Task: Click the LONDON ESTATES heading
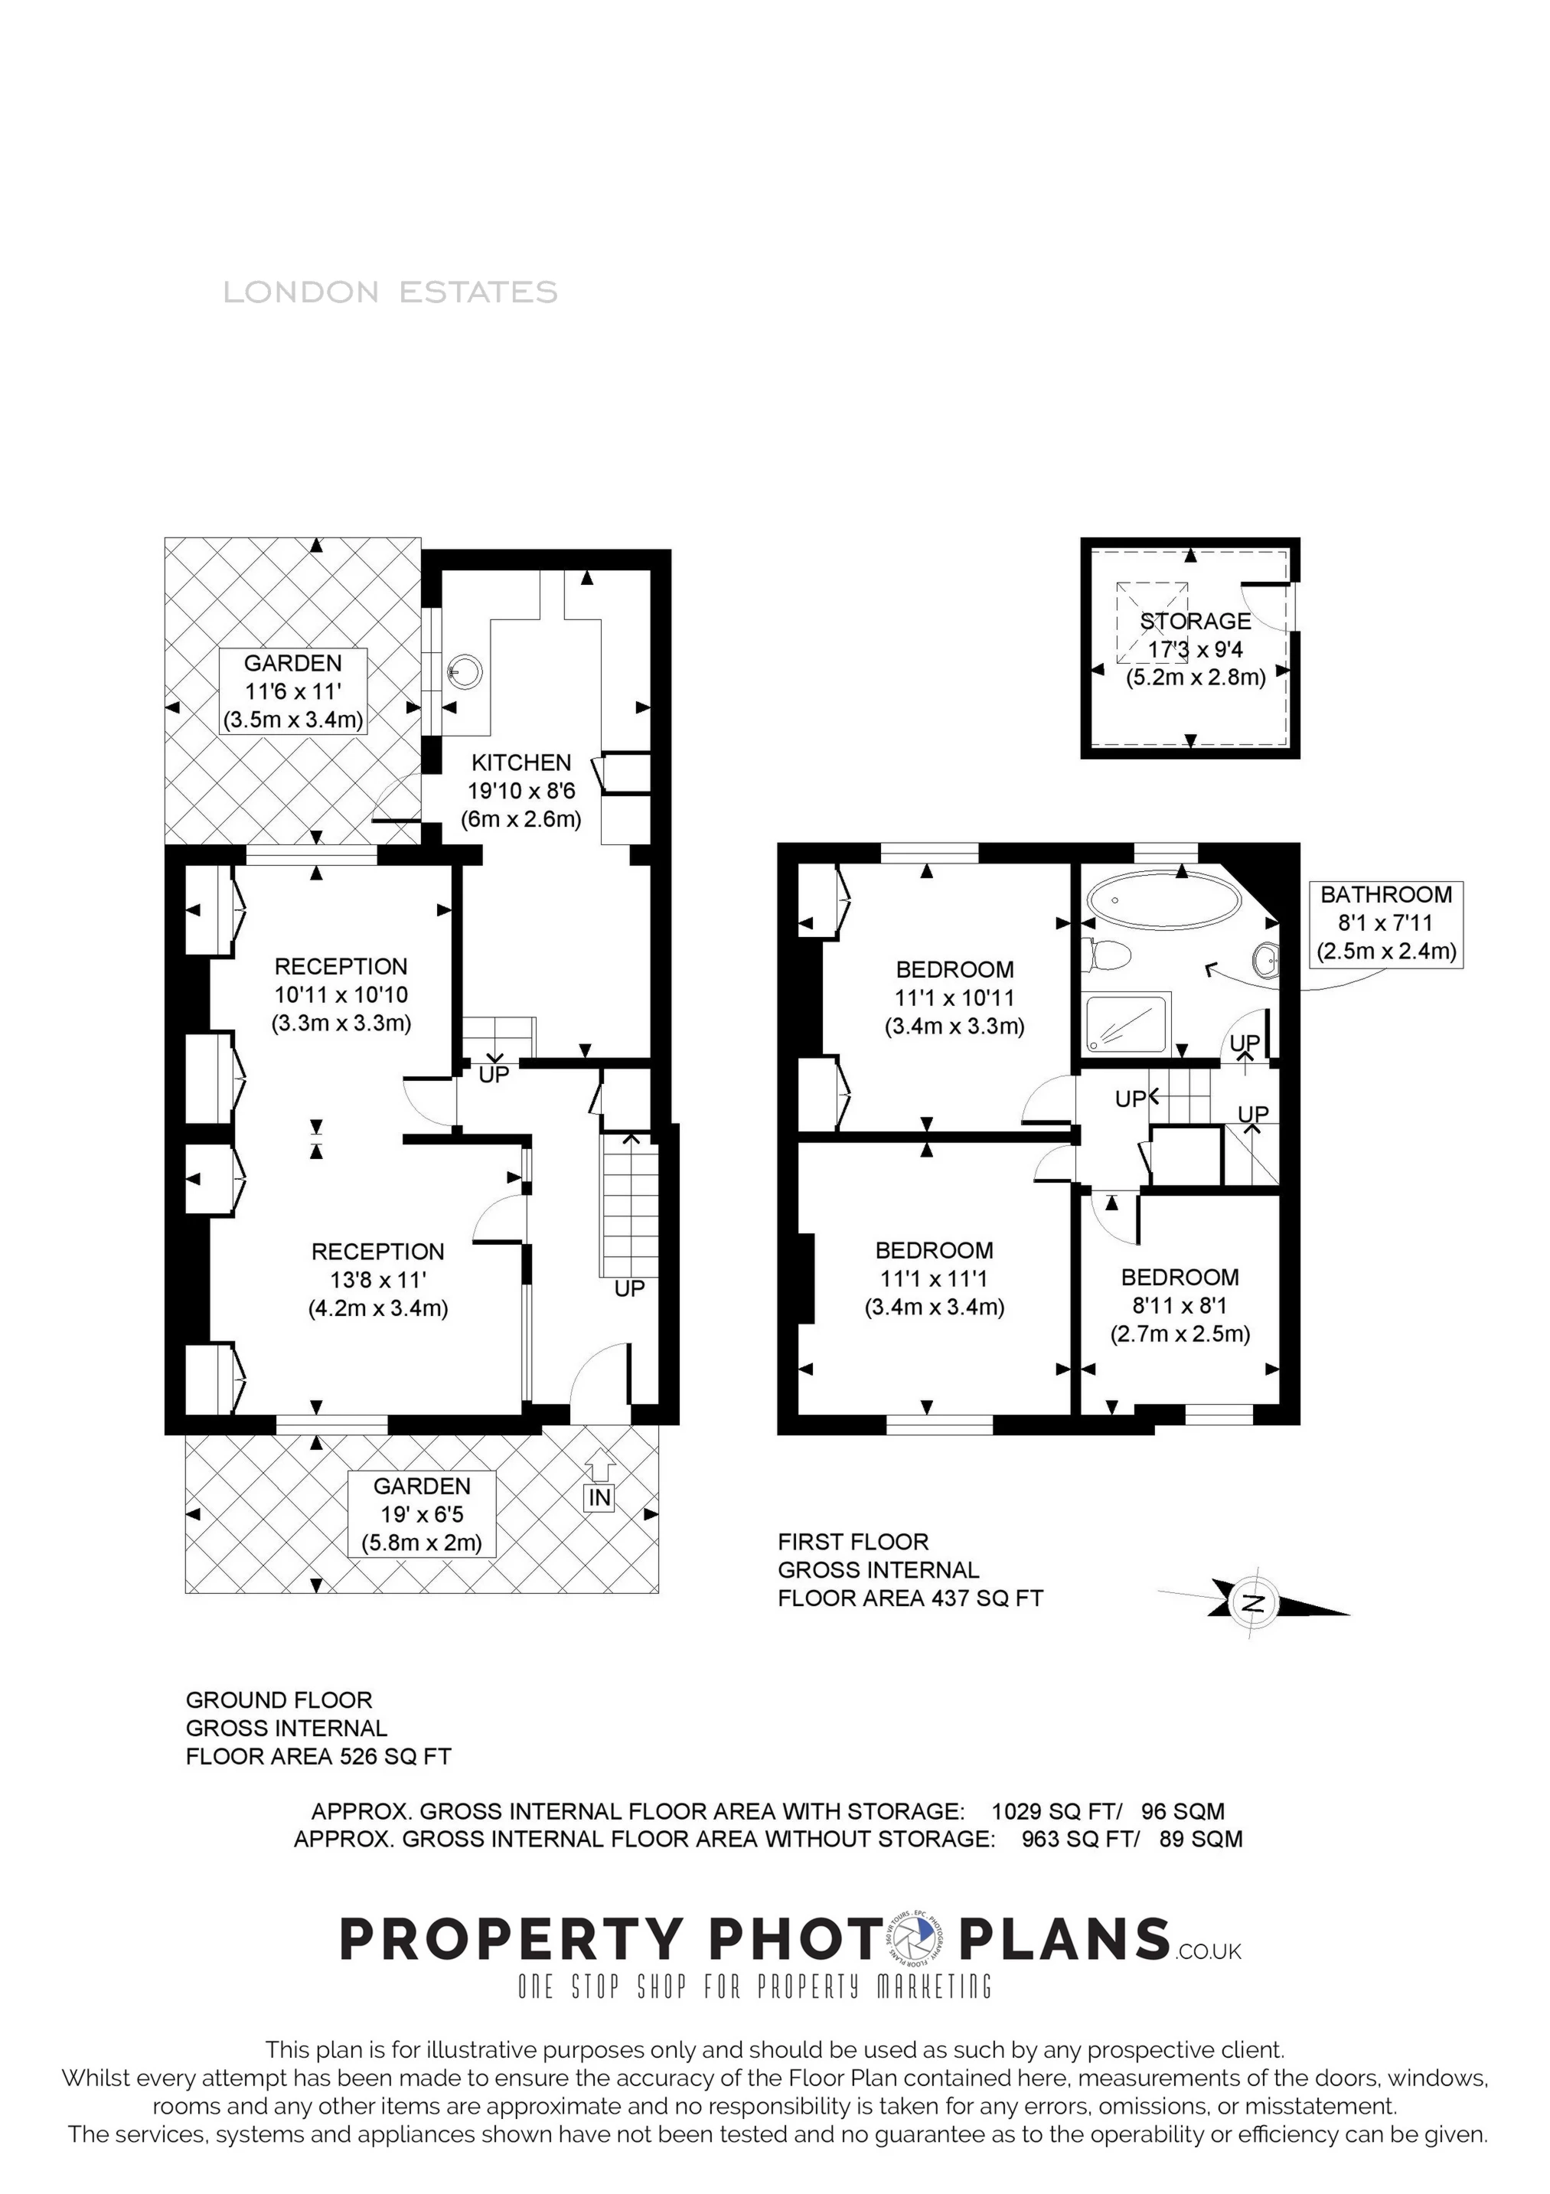390,292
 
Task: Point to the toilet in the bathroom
1108,953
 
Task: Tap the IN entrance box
599,1497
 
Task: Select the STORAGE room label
1196,621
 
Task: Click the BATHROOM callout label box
1385,923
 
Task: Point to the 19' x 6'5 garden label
422,1513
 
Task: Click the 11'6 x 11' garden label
292,691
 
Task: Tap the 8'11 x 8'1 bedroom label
1180,1305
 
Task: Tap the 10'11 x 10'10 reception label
341,994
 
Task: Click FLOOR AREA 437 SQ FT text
910,1598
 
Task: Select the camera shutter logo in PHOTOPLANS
919,1940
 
